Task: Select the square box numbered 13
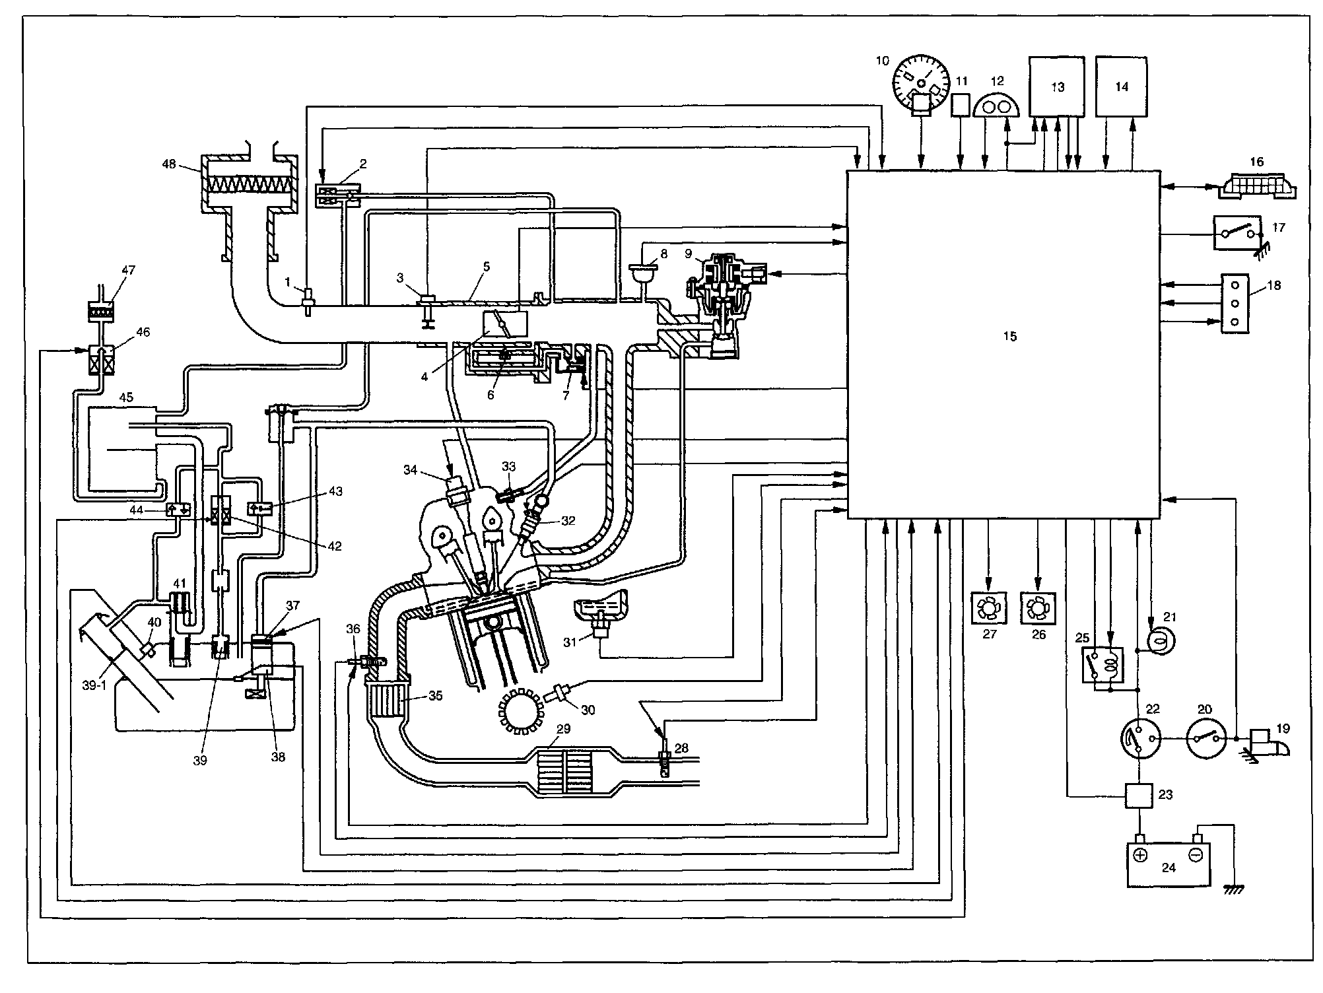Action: pos(1058,86)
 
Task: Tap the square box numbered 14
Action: pos(1121,86)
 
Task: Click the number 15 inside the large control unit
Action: pos(1009,336)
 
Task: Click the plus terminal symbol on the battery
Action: pos(1140,855)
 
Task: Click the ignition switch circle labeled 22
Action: pos(1139,739)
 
